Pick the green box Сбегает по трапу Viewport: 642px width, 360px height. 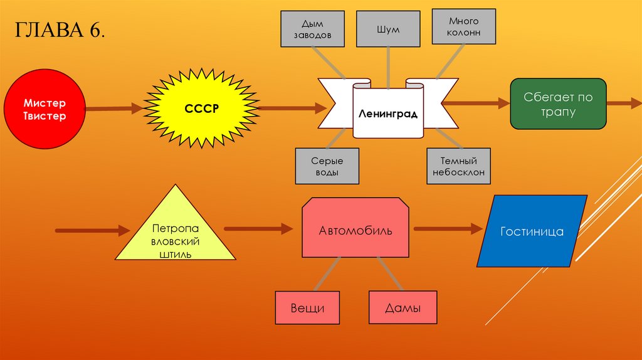(558, 104)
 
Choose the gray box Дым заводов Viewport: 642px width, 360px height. (313, 29)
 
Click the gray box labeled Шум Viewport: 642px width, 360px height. (388, 29)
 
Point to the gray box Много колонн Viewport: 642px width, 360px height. (464, 26)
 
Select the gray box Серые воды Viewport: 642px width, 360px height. (327, 166)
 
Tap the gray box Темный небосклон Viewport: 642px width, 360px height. (458, 166)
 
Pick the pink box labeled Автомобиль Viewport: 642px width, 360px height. (355, 230)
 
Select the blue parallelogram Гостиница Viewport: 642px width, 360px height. (532, 231)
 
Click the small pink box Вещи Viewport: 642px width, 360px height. (307, 308)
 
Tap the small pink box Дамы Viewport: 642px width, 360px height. (403, 308)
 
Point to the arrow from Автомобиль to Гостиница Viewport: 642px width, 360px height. (449, 229)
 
